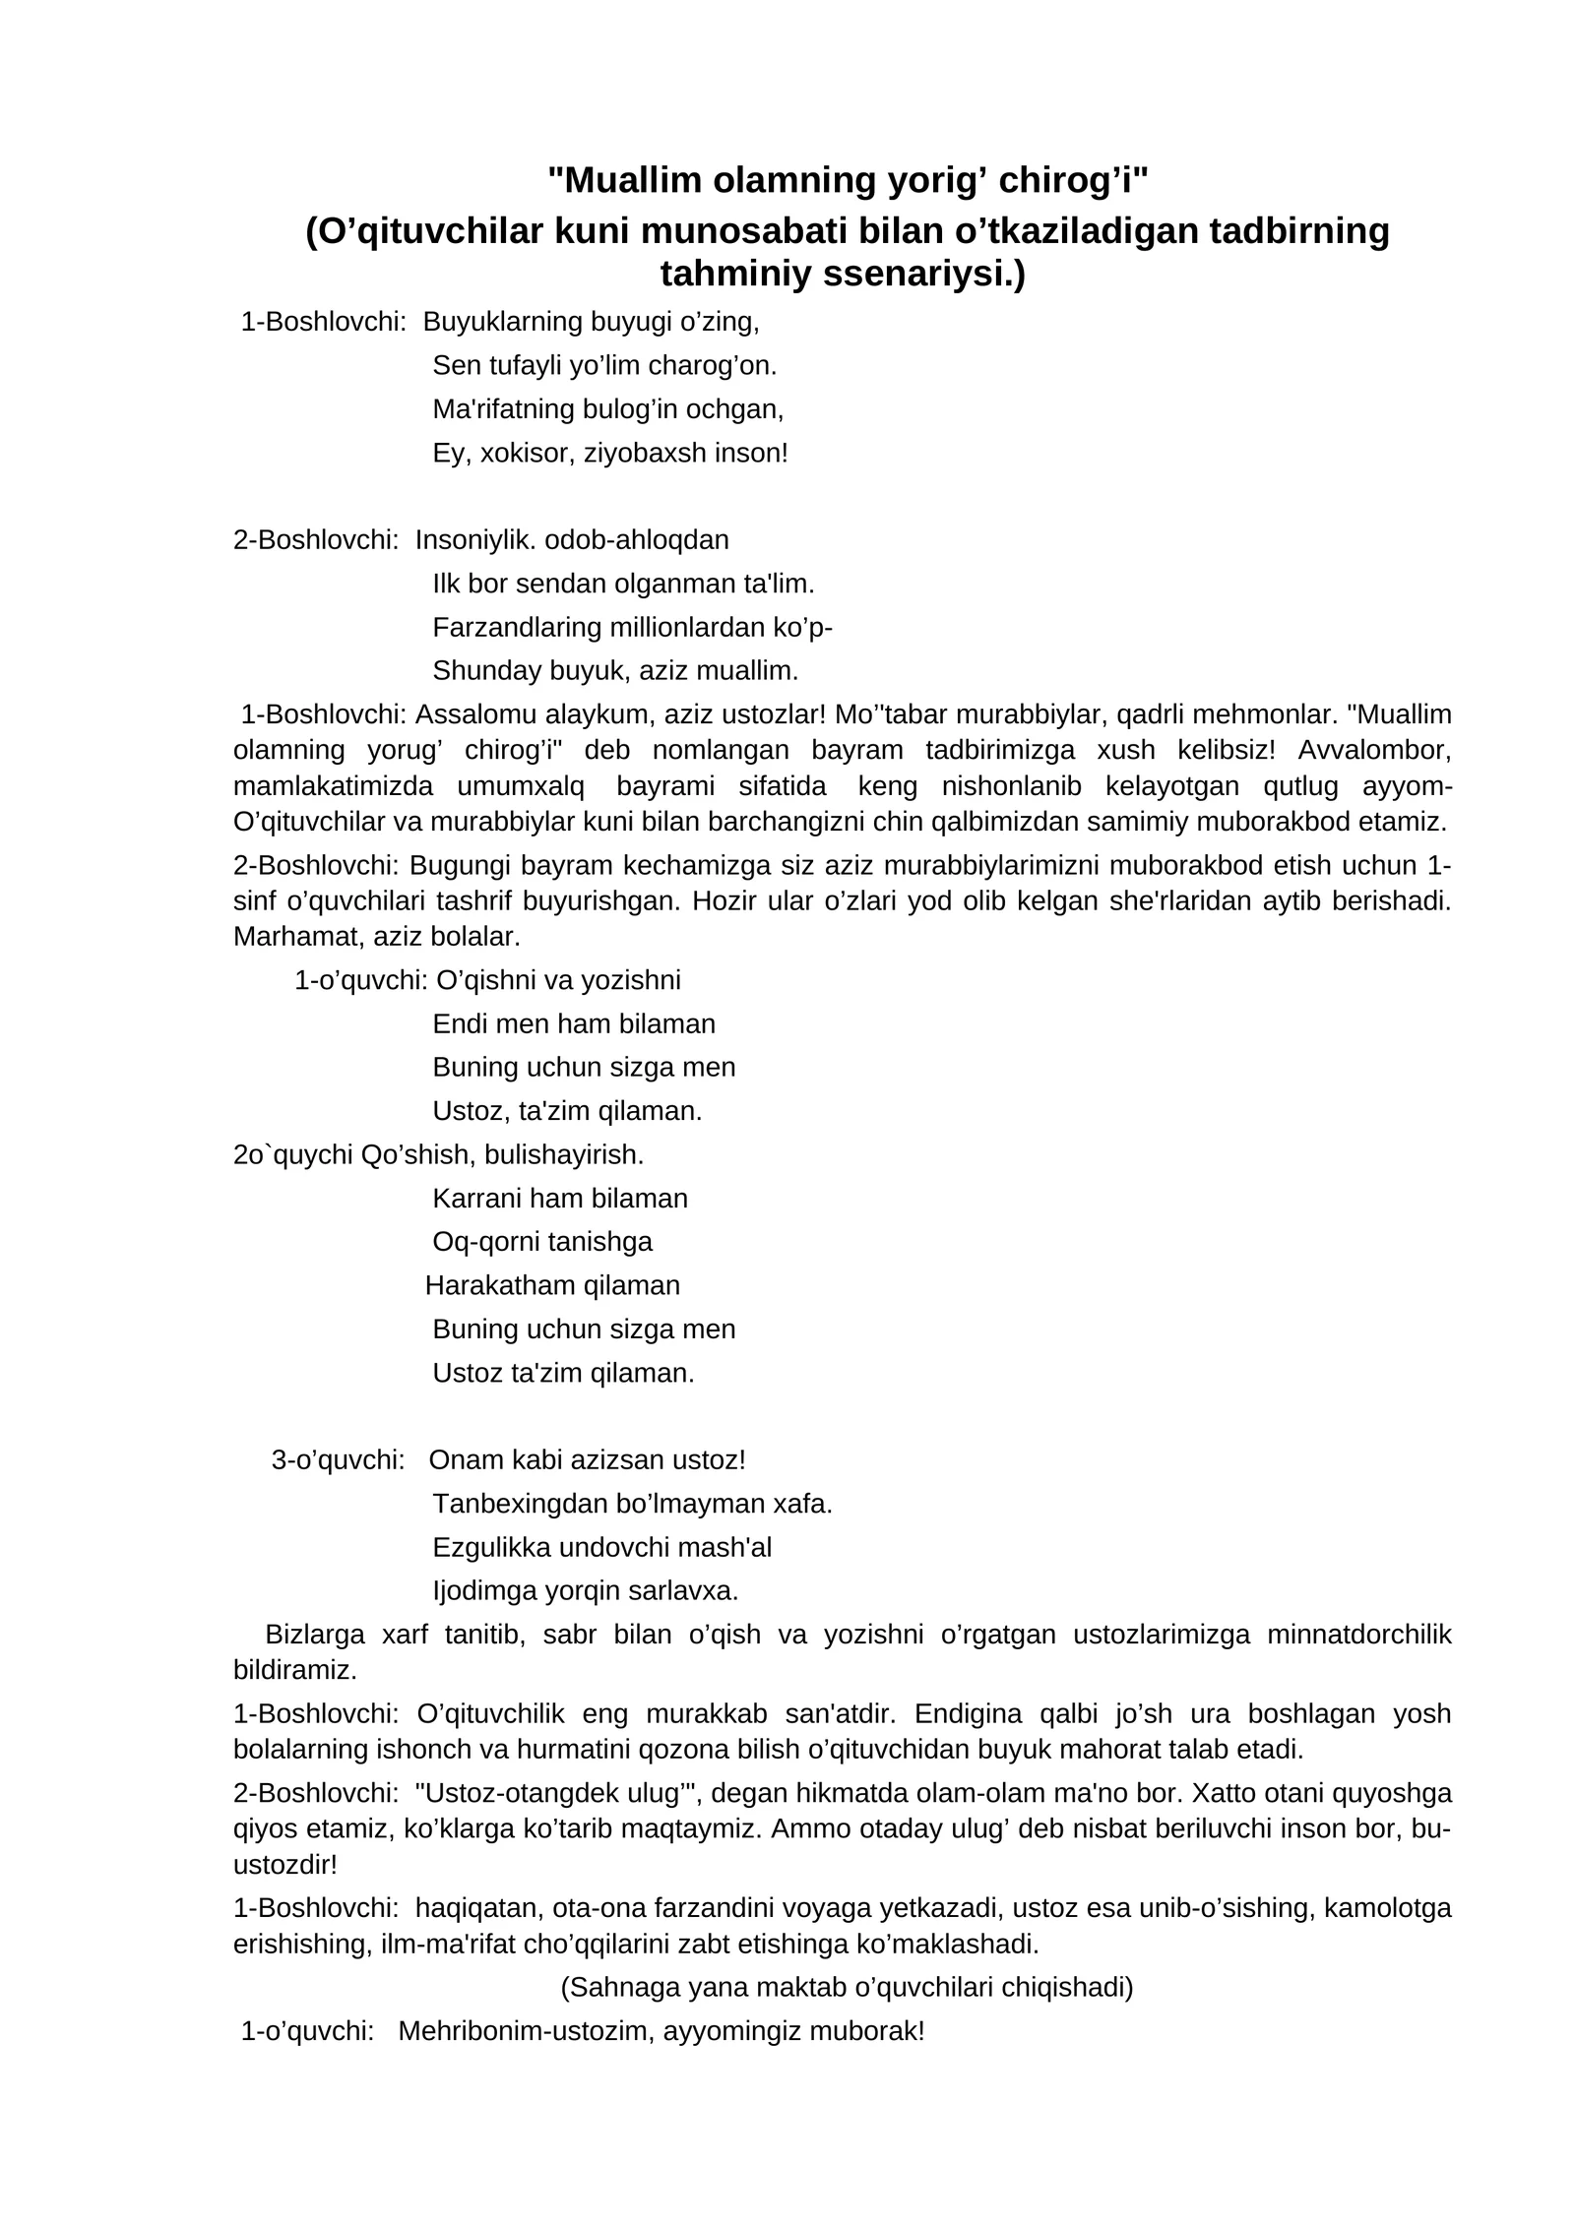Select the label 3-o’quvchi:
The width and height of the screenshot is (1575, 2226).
tap(338, 1460)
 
